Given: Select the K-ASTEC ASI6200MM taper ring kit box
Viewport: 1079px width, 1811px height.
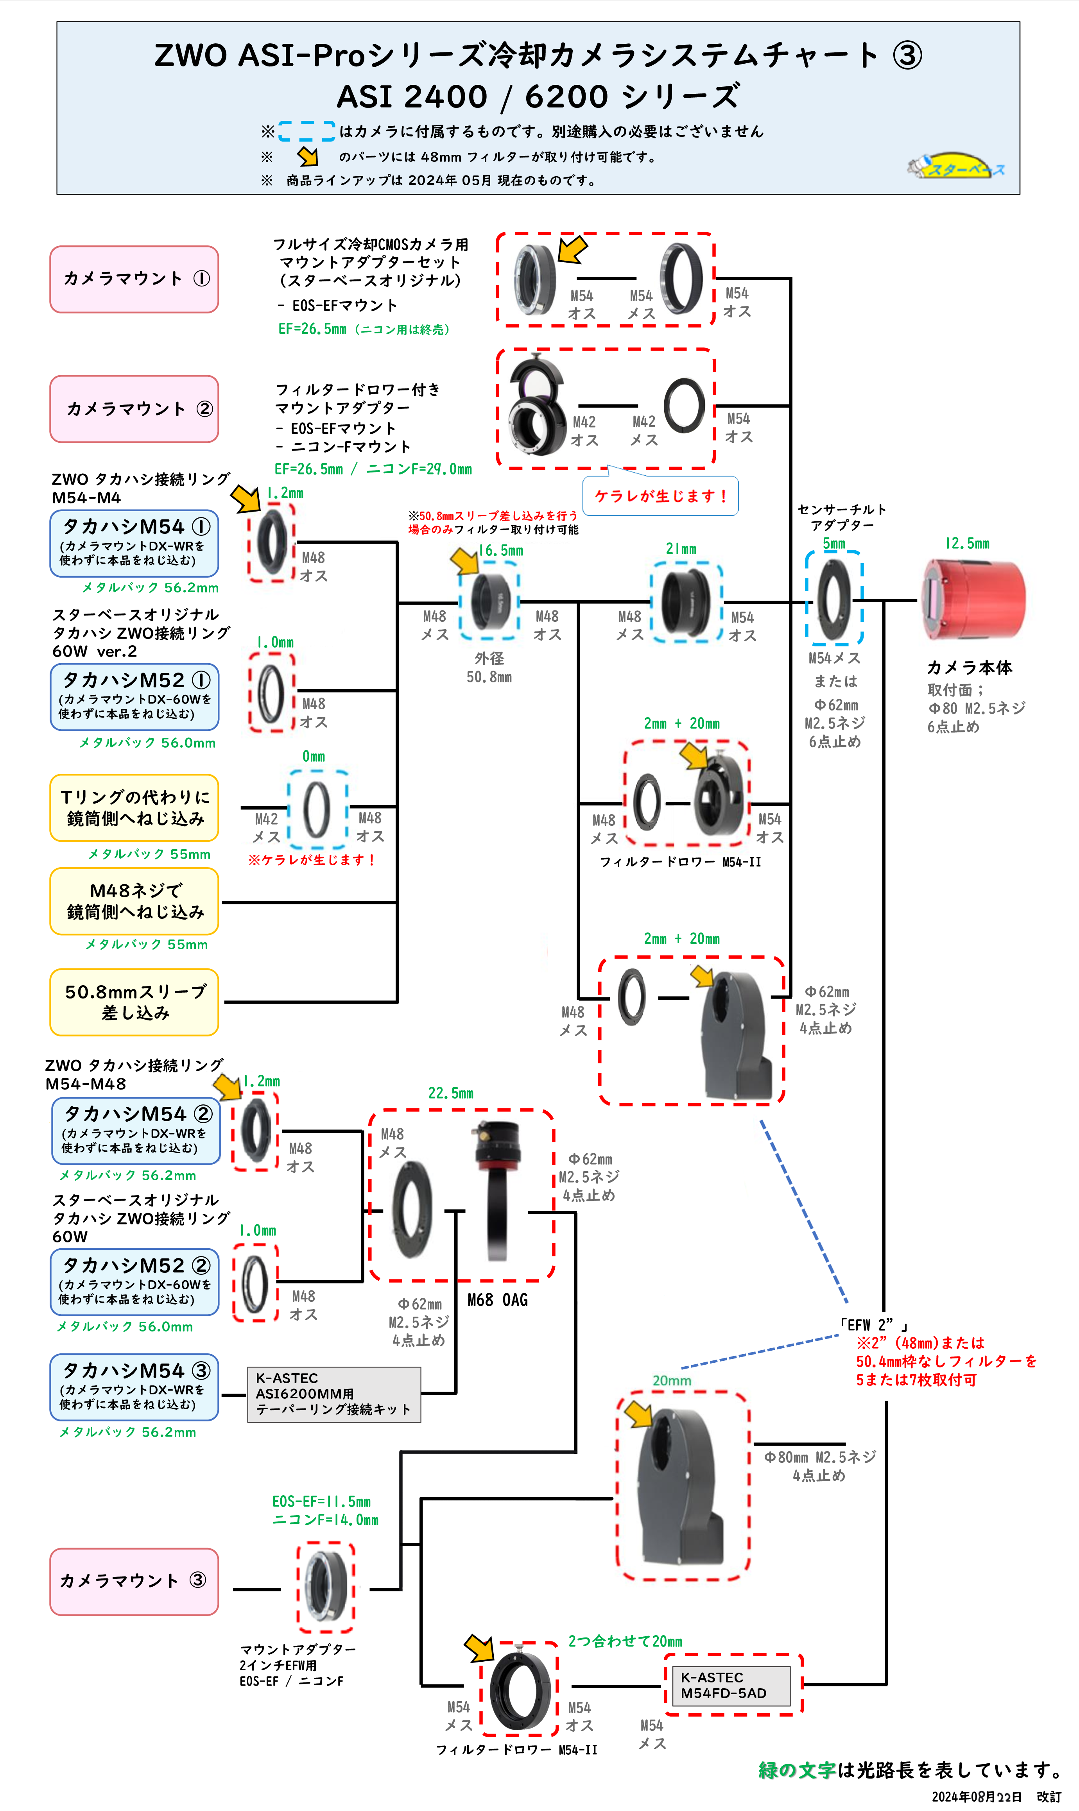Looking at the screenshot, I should pos(334,1394).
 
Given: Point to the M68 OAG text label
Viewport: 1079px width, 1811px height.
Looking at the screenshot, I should pos(497,1300).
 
